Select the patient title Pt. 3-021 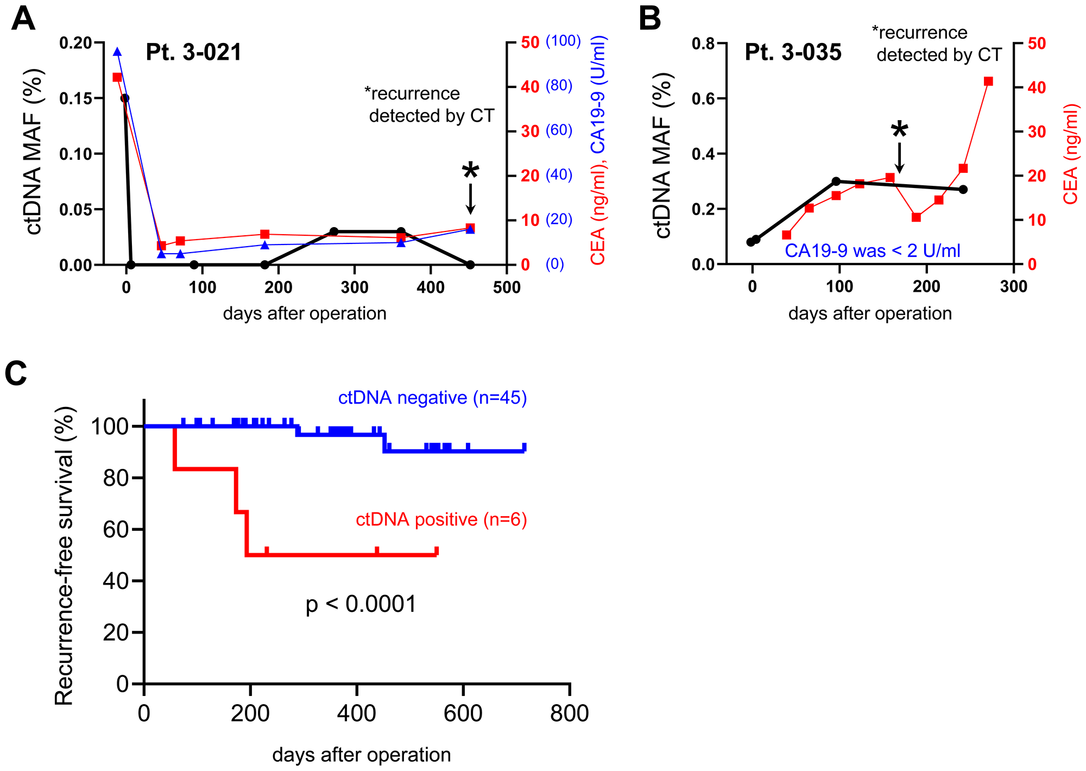click(x=194, y=53)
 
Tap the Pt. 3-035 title click(x=793, y=53)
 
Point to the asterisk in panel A click(x=470, y=172)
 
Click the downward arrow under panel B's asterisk click(x=899, y=158)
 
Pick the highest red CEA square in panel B click(x=988, y=82)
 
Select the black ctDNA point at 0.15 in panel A click(x=125, y=98)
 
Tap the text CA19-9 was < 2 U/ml click(x=872, y=250)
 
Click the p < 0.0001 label click(x=361, y=604)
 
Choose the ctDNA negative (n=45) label click(x=432, y=398)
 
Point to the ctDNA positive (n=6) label click(x=441, y=519)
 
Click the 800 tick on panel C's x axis click(x=569, y=713)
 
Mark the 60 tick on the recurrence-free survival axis click(x=115, y=529)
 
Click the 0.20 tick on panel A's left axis click(x=75, y=43)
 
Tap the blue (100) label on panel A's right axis click(x=563, y=41)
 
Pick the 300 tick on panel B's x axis click(x=1013, y=287)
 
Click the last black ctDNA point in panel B click(x=963, y=189)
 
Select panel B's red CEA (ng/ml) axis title click(x=1070, y=155)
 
